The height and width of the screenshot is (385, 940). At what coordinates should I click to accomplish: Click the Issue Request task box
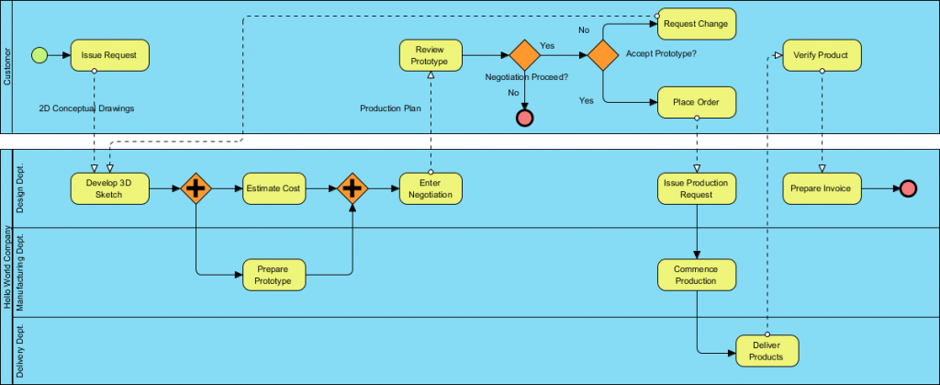point(108,55)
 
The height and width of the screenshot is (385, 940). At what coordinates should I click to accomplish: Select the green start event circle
point(39,55)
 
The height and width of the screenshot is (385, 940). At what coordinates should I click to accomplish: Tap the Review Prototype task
point(430,55)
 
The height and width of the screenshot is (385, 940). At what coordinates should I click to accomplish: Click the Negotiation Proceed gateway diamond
point(524,55)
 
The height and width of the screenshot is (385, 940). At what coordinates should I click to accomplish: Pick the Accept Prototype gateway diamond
point(602,55)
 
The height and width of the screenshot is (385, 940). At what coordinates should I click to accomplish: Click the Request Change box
point(697,25)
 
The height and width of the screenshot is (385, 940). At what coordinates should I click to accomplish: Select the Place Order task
point(697,102)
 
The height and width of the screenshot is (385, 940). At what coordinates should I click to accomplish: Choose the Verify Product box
point(822,55)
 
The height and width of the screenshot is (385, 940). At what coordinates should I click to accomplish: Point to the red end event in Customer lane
point(524,118)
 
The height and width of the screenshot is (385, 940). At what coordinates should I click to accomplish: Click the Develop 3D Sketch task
point(108,188)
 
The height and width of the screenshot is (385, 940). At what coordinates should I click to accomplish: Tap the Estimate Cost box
point(273,188)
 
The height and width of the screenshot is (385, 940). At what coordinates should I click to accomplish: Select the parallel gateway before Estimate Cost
point(196,188)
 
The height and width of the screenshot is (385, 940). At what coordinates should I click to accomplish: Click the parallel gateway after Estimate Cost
point(352,188)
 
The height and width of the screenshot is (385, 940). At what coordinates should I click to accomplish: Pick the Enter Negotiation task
point(430,188)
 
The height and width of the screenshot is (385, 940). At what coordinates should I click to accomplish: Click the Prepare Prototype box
point(273,274)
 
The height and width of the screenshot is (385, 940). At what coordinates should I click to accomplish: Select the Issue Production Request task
point(697,188)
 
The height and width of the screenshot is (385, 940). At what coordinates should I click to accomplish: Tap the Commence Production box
point(697,274)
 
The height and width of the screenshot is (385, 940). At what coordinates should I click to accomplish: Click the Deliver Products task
point(767,350)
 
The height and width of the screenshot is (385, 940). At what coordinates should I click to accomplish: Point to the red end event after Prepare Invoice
point(908,188)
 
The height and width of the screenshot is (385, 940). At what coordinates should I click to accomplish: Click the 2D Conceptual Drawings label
point(86,108)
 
